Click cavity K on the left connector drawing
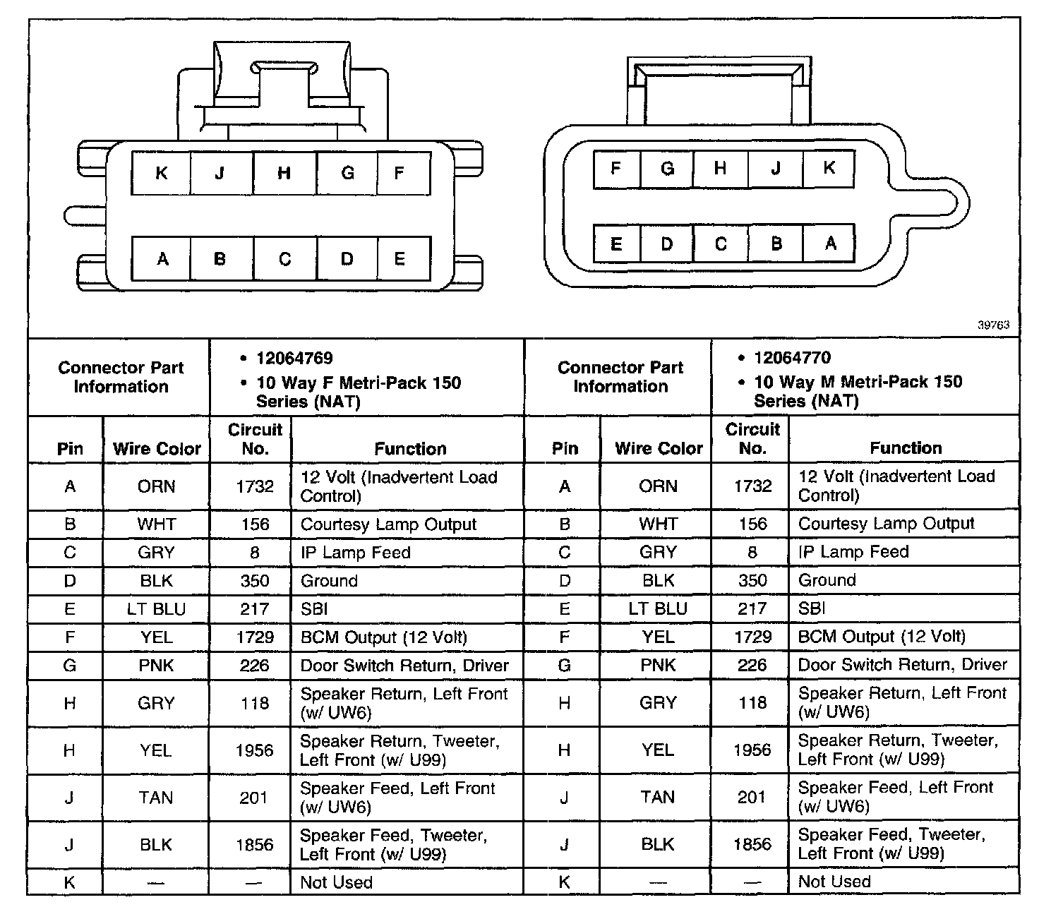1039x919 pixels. (x=161, y=173)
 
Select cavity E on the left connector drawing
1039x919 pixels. (x=400, y=259)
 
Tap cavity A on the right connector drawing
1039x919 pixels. (x=830, y=244)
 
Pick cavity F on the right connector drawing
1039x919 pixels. (x=615, y=169)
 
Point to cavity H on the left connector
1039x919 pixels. (x=284, y=173)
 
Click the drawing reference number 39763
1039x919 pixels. (x=993, y=325)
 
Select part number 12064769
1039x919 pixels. (x=294, y=359)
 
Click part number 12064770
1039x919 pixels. (x=792, y=358)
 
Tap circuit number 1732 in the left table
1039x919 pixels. (x=255, y=486)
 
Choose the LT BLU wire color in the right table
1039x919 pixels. (x=658, y=608)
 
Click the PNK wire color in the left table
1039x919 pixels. (x=156, y=666)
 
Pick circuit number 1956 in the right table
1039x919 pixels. (x=752, y=750)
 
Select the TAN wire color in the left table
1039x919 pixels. (x=156, y=798)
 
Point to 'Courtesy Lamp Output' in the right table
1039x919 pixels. (x=886, y=524)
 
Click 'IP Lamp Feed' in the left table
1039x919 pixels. (x=355, y=553)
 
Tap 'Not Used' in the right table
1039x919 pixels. (x=834, y=882)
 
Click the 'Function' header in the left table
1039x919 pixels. (x=410, y=449)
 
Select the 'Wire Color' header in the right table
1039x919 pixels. (x=659, y=448)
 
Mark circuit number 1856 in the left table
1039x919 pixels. (x=255, y=845)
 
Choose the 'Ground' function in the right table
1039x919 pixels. (x=827, y=580)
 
